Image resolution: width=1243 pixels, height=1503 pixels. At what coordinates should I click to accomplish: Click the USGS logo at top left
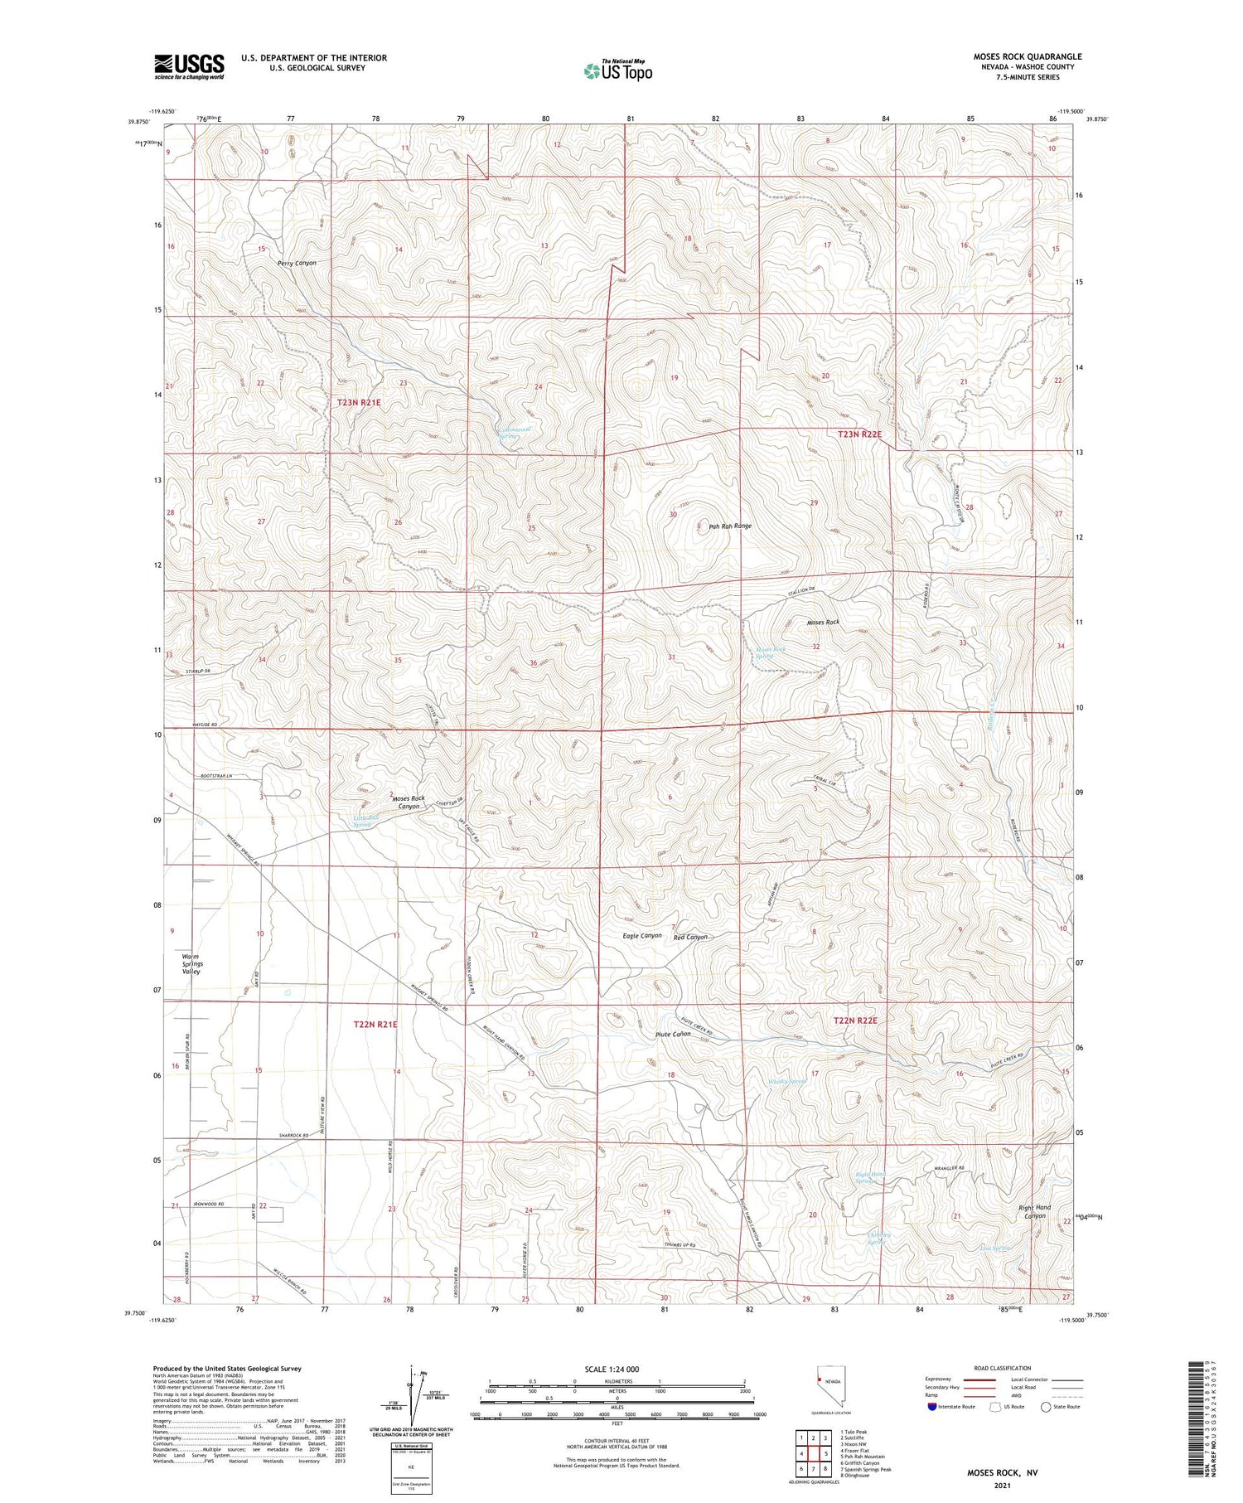[x=189, y=66]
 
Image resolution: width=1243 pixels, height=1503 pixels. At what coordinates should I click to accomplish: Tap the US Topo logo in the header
[x=617, y=71]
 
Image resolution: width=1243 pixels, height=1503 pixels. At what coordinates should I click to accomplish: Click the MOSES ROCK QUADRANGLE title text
[x=1027, y=56]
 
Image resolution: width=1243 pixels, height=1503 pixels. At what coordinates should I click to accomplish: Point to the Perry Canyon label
[x=297, y=263]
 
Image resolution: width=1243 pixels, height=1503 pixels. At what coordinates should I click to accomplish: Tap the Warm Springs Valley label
[x=191, y=964]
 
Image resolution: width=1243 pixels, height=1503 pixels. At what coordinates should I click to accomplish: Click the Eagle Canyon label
[x=642, y=935]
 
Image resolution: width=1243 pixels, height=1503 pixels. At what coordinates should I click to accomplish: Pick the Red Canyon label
[x=691, y=937]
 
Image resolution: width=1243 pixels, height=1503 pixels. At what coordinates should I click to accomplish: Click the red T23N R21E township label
[x=359, y=402]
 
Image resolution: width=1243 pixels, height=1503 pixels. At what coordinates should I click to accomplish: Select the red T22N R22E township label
[x=854, y=1021]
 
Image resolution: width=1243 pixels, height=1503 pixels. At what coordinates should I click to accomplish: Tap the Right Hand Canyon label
[x=1034, y=1211]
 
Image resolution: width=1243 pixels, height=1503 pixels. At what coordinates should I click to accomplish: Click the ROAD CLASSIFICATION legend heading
[x=1003, y=1368]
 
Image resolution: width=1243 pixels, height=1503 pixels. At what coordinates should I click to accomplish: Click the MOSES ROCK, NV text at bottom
[x=1003, y=1472]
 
